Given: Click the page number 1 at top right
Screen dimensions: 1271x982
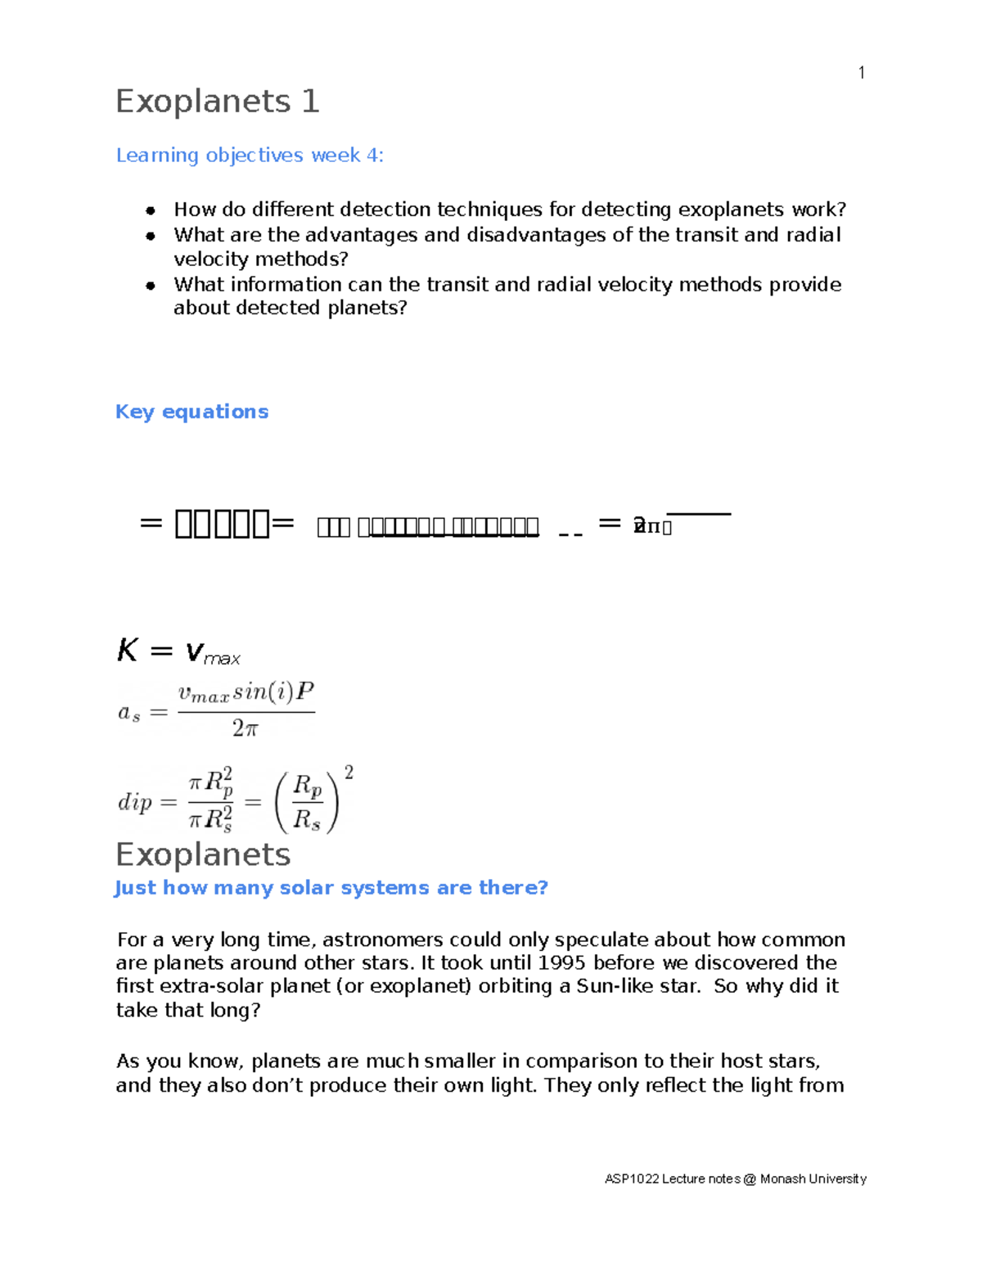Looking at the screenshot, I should (x=861, y=73).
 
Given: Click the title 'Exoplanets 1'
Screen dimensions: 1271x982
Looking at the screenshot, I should (x=217, y=101).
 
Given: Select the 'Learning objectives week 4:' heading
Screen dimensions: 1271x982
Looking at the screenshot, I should (x=250, y=155).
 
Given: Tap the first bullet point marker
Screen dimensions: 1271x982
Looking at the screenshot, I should (x=151, y=210).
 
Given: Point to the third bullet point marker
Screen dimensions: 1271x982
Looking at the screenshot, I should (x=151, y=286).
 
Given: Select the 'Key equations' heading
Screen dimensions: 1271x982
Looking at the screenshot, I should (x=191, y=412).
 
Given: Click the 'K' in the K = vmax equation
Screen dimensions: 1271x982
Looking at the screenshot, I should (x=127, y=651).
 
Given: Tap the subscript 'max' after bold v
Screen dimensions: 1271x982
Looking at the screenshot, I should (x=222, y=659).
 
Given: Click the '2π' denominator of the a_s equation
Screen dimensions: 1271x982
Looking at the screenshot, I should (x=245, y=728).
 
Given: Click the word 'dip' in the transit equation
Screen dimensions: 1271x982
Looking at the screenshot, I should (x=135, y=801).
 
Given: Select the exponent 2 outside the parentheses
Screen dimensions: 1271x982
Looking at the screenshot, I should (x=349, y=773).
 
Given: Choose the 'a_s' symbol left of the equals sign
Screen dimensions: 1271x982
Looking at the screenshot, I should (x=129, y=713).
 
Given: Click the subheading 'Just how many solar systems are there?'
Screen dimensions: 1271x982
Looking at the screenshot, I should (x=331, y=888).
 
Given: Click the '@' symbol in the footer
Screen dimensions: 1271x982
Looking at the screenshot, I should (x=750, y=1179).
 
